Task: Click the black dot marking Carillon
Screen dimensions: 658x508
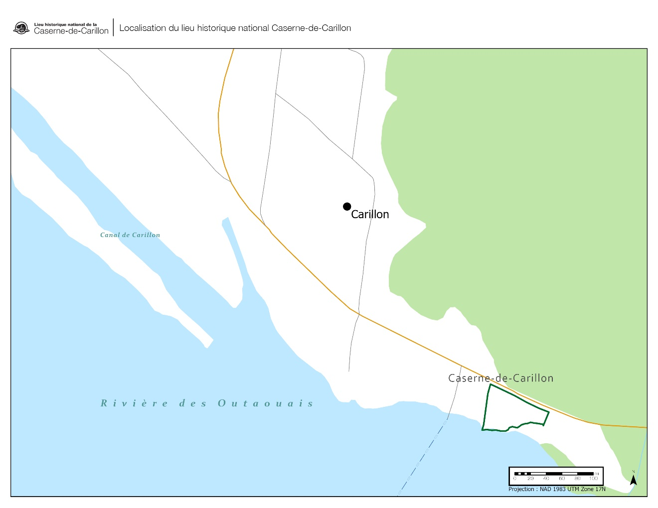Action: click(x=347, y=207)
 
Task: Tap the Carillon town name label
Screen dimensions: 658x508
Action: click(x=370, y=214)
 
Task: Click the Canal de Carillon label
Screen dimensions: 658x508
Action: click(x=130, y=235)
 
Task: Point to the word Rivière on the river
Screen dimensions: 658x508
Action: click(x=135, y=403)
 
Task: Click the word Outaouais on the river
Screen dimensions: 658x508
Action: click(x=266, y=403)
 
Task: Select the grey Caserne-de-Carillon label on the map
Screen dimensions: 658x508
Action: click(x=501, y=378)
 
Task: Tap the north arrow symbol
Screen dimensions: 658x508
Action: click(x=633, y=479)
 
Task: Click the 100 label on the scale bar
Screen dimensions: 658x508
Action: click(x=593, y=479)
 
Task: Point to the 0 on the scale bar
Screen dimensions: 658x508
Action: click(x=515, y=479)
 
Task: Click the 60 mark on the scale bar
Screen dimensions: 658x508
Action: click(x=562, y=479)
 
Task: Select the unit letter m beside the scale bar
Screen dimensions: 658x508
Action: click(x=597, y=473)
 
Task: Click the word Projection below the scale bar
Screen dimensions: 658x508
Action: click(x=521, y=489)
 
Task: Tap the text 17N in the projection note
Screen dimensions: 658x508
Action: click(x=601, y=489)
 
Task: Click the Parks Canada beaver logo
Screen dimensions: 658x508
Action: click(x=21, y=28)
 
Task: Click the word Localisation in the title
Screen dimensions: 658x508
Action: click(x=142, y=28)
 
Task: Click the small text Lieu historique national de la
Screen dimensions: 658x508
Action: click(x=65, y=24)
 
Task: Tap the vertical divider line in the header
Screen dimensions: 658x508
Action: click(x=114, y=27)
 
